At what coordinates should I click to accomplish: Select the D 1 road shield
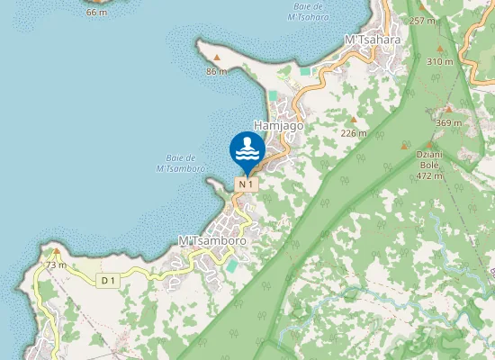point(108,281)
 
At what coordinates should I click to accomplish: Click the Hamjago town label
point(279,127)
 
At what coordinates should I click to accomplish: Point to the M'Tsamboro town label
point(213,241)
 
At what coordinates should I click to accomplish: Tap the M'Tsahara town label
point(373,40)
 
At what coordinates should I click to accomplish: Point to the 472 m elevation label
point(429,175)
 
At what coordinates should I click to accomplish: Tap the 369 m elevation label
point(448,122)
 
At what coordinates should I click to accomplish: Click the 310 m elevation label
point(440,61)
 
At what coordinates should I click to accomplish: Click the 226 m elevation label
point(354,133)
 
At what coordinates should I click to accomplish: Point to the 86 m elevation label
point(216,71)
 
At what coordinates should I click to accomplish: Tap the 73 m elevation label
point(57,265)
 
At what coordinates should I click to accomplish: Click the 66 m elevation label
point(96,13)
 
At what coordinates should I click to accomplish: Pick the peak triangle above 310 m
point(440,49)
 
